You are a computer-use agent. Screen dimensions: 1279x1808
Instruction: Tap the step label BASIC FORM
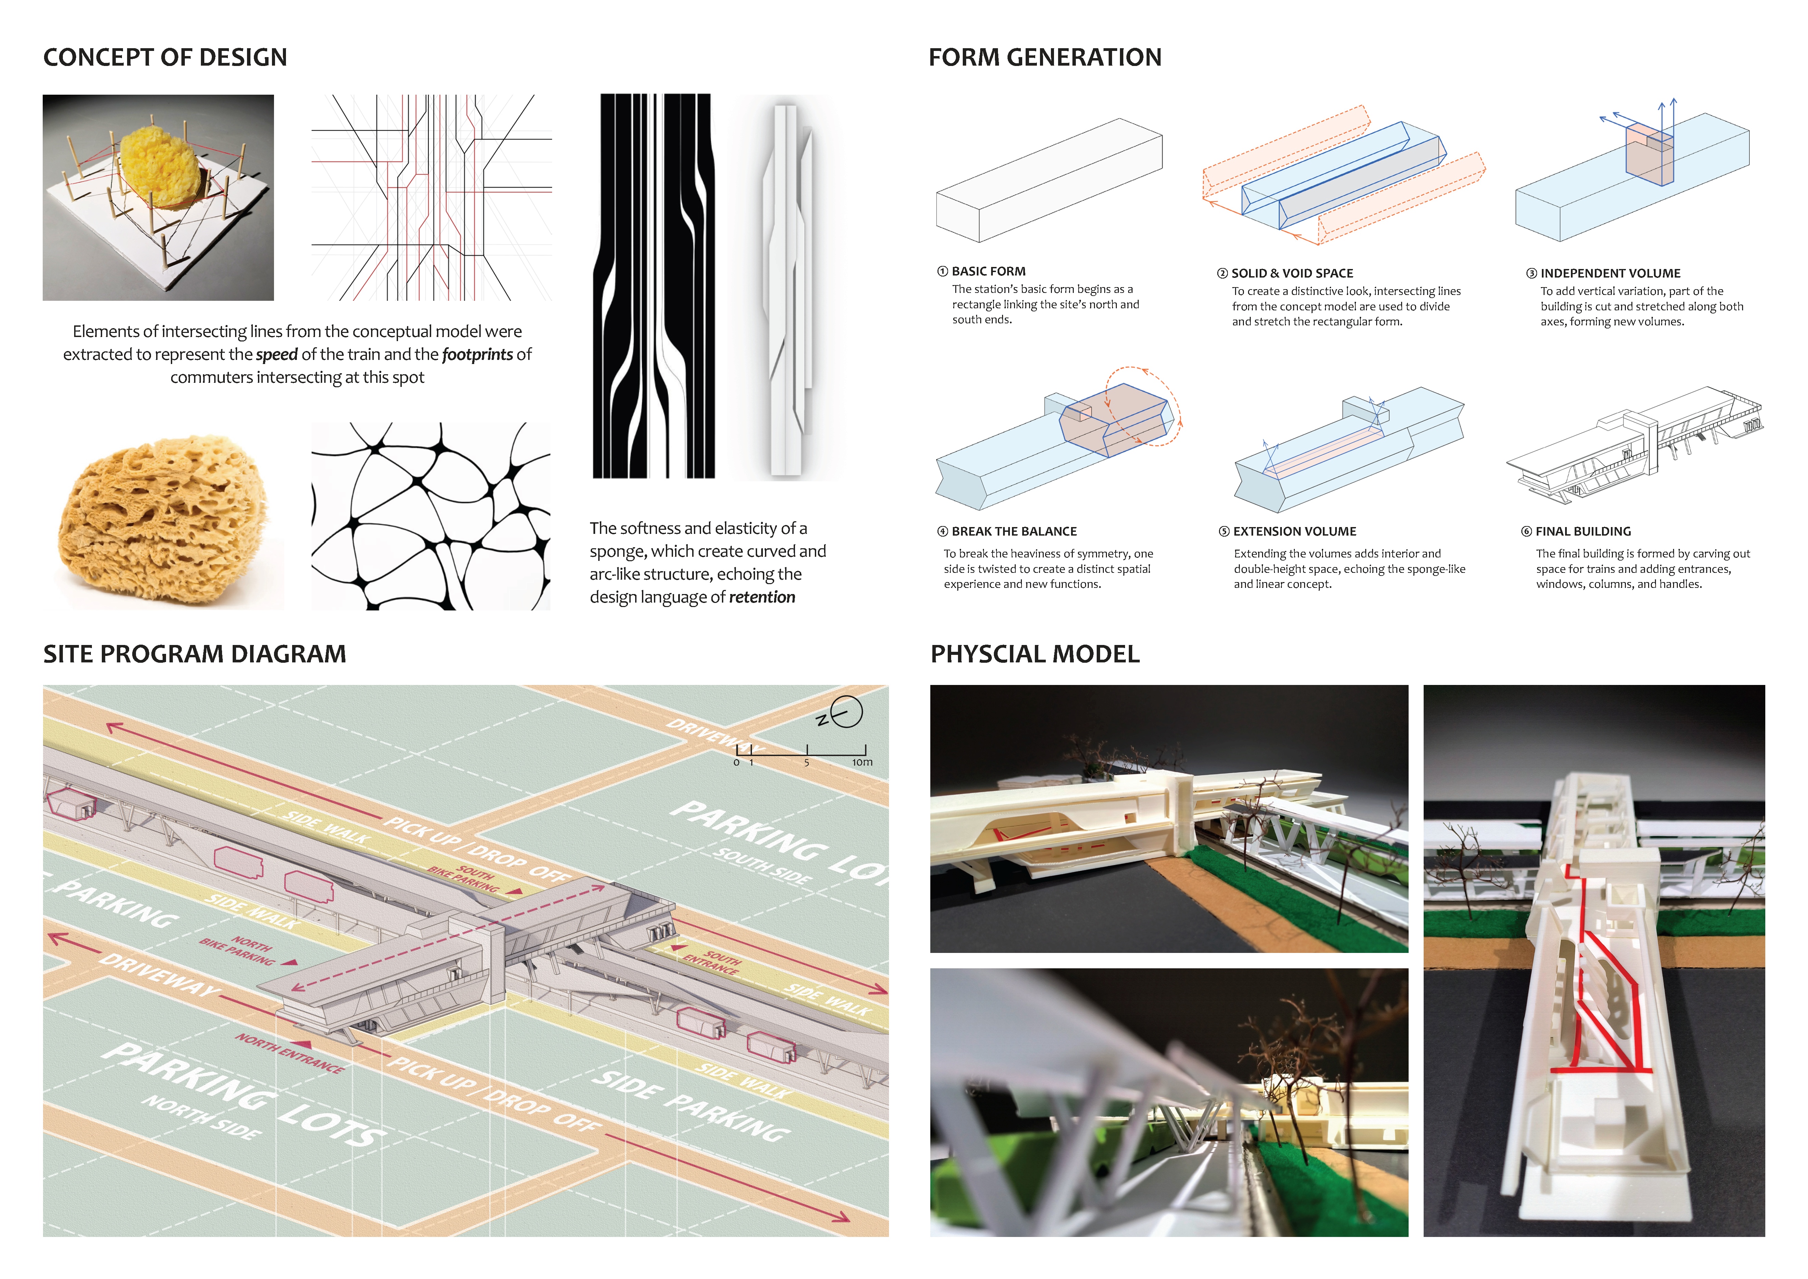pos(988,271)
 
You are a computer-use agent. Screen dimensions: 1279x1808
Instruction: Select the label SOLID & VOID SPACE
pos(1291,273)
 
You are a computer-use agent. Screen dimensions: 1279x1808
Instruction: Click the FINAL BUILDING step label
pos(1583,531)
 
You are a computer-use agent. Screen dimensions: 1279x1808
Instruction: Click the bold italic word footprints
pos(477,354)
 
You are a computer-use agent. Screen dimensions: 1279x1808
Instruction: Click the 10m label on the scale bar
pos(862,762)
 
